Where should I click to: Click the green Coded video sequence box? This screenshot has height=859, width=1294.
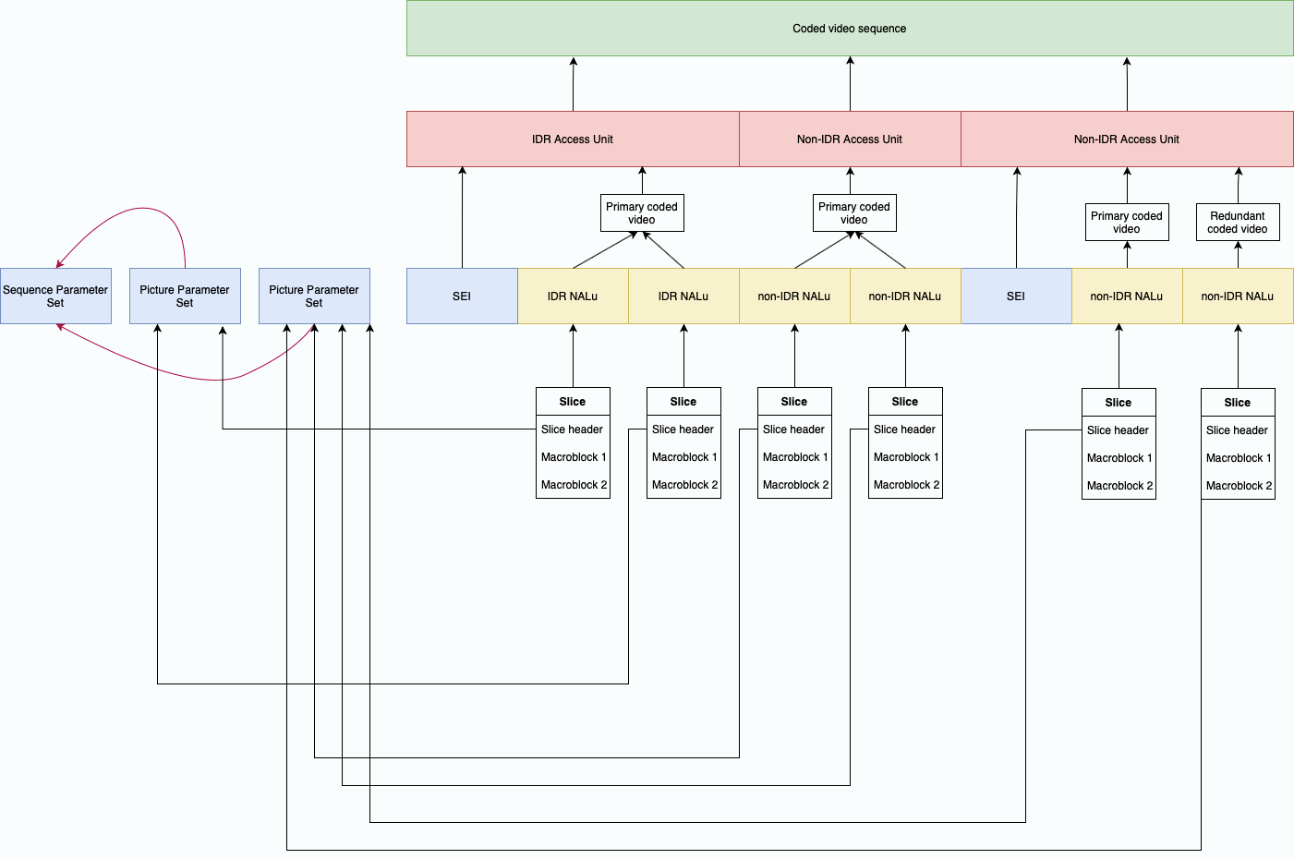[850, 29]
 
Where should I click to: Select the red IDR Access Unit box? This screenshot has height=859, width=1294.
[573, 139]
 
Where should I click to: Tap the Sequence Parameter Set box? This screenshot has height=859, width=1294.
[55, 296]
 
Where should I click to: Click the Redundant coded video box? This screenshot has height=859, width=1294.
[1238, 223]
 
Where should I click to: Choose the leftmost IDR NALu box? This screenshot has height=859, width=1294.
[573, 296]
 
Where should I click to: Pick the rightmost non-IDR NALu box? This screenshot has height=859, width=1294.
[1238, 296]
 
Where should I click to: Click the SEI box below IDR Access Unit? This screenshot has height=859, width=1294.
[462, 296]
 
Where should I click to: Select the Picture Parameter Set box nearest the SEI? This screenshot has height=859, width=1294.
[314, 296]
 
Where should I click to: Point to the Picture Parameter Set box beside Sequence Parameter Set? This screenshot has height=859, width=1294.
[185, 296]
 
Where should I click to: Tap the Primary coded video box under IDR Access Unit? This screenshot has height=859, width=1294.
[642, 213]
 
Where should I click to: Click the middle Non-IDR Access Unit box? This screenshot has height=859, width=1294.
[850, 139]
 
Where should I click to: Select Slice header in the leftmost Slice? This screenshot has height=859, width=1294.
[573, 429]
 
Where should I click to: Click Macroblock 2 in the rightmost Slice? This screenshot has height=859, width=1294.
[1238, 486]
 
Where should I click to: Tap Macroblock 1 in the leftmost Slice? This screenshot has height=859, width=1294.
[573, 457]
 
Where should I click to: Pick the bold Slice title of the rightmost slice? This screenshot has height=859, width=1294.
[1238, 403]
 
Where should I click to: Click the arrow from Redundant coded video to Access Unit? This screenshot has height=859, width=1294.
[1239, 186]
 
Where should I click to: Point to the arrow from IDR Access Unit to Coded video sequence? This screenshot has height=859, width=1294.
[574, 84]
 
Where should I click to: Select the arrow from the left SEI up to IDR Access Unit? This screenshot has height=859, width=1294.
[463, 218]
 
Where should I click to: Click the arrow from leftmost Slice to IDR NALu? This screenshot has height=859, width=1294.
[573, 357]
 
